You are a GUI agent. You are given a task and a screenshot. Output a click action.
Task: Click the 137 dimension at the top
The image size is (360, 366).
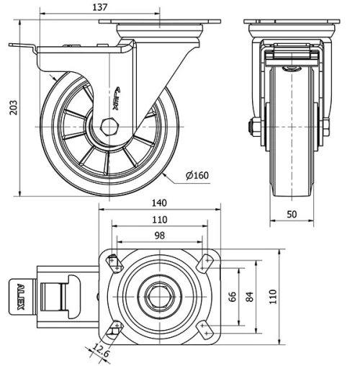coord(99,7)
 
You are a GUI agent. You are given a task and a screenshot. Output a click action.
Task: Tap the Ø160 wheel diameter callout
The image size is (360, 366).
coord(196,175)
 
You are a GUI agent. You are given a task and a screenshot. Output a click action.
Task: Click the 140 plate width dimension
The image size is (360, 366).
coord(159,204)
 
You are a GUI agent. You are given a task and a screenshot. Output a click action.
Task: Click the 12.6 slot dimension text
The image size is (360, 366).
coord(100,352)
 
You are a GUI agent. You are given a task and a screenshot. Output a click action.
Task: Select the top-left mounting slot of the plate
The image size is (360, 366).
coord(113,262)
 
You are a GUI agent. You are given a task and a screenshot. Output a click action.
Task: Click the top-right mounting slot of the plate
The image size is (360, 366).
coord(206,262)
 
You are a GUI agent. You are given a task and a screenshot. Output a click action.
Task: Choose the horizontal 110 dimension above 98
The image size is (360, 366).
coord(159,220)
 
